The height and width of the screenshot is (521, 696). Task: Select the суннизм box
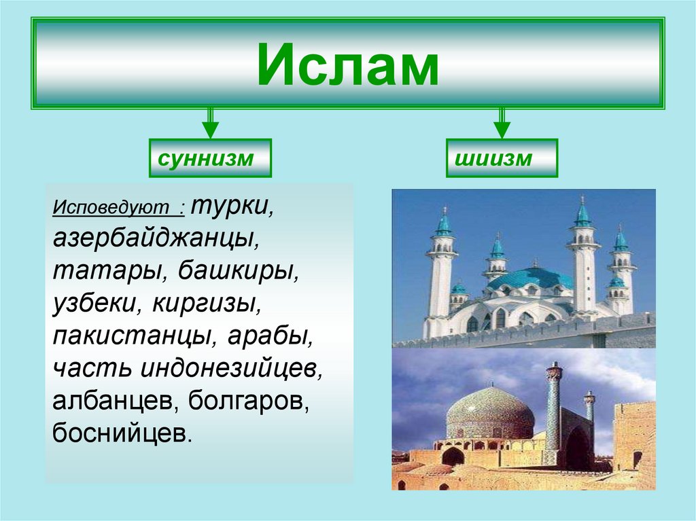(x=210, y=158)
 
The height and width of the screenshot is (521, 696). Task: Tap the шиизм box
(x=502, y=158)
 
